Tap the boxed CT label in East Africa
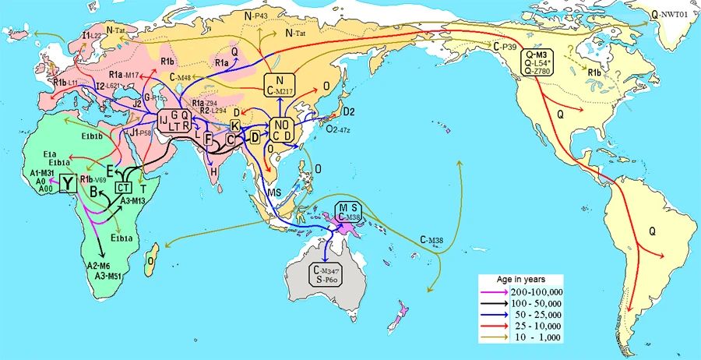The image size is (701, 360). click(123, 187)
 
